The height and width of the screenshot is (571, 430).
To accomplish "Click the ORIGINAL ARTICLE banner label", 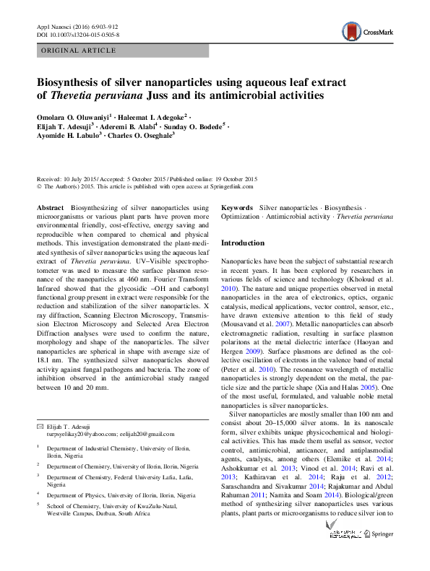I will [79, 51].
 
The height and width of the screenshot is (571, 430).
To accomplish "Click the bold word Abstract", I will [50, 207].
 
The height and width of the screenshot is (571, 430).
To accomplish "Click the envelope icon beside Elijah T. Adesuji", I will [40, 427].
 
